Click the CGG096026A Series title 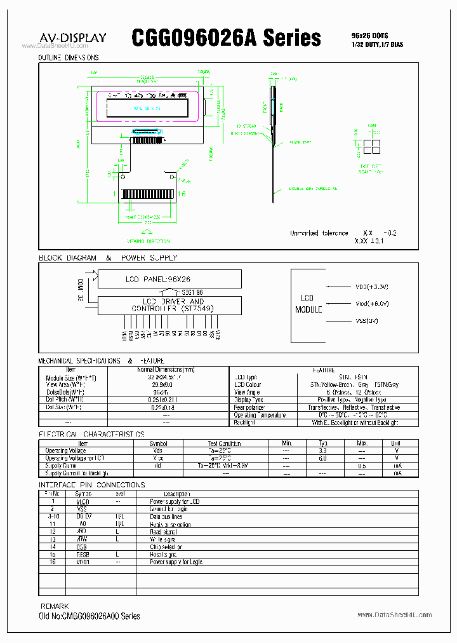(x=227, y=37)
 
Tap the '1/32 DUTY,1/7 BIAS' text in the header (x=376, y=44)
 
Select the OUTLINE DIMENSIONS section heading (x=69, y=58)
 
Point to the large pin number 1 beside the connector (x=115, y=194)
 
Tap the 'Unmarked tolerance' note (x=319, y=233)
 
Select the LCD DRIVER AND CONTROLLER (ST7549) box (x=169, y=304)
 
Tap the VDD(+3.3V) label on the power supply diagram (x=372, y=287)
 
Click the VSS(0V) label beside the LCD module (x=366, y=321)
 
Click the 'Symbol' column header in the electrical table (x=158, y=443)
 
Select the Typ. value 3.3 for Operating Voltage (x=322, y=450)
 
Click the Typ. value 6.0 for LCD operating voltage (x=322, y=457)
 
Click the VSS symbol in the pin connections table (x=83, y=509)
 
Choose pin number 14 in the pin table (x=53, y=546)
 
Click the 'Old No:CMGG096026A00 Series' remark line (x=90, y=616)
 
